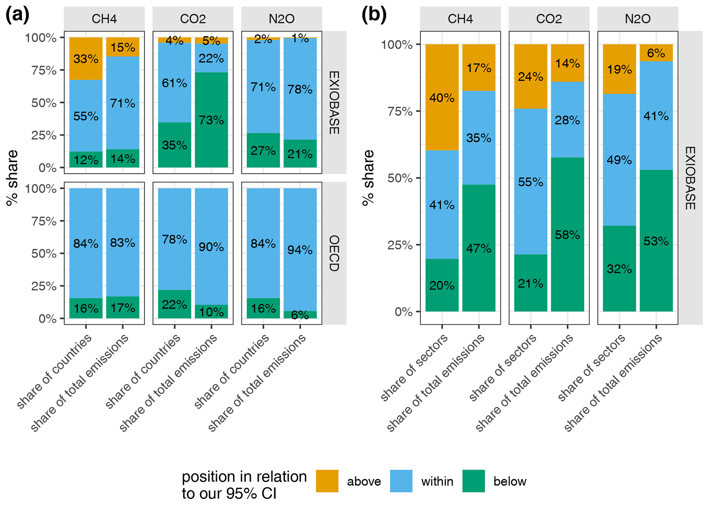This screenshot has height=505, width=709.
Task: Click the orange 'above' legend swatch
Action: click(x=327, y=481)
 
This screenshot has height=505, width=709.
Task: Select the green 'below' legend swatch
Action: click(x=473, y=481)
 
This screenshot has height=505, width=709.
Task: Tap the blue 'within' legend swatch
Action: click(x=401, y=481)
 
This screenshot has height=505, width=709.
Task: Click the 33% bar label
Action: click(x=86, y=59)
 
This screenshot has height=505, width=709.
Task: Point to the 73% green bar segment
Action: click(x=211, y=120)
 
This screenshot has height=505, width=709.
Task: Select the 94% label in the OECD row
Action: click(x=300, y=250)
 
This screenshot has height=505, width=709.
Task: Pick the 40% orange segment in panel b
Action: click(x=442, y=98)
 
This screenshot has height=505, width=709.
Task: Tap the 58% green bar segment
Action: click(x=567, y=235)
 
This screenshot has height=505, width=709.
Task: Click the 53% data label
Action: click(x=656, y=241)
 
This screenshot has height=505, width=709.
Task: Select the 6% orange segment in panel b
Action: click(x=656, y=53)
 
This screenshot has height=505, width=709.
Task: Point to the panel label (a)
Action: click(x=17, y=15)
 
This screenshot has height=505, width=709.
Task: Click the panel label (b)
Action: click(x=374, y=15)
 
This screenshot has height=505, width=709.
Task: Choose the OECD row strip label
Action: click(x=334, y=253)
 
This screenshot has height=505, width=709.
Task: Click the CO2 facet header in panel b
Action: click(x=549, y=19)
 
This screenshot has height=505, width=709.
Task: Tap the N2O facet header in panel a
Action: click(x=282, y=19)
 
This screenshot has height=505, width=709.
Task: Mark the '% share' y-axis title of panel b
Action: click(x=369, y=178)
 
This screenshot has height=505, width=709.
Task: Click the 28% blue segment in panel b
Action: click(x=567, y=120)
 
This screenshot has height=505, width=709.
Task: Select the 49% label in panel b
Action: click(x=619, y=160)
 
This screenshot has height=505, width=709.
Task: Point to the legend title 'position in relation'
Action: click(x=244, y=477)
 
